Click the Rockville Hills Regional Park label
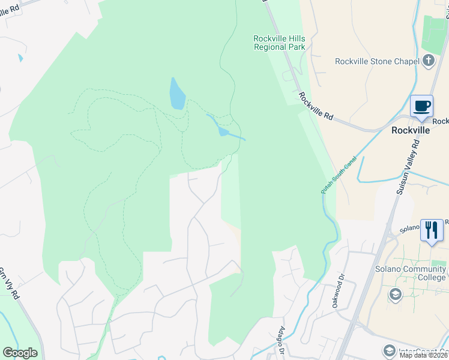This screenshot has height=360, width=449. (x=279, y=43)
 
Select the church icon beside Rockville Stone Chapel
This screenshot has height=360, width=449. (x=428, y=60)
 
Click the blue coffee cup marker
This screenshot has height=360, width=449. (x=421, y=106)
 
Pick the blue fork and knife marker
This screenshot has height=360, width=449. (x=432, y=230)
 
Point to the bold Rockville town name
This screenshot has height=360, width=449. (x=411, y=130)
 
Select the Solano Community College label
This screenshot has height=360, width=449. (x=411, y=273)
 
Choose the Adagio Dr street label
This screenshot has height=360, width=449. (x=283, y=340)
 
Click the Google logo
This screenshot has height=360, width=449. (x=20, y=353)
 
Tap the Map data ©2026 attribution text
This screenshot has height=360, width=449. (x=424, y=355)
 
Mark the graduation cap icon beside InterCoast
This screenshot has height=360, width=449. (x=389, y=351)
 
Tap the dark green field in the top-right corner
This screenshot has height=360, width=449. (x=435, y=34)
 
